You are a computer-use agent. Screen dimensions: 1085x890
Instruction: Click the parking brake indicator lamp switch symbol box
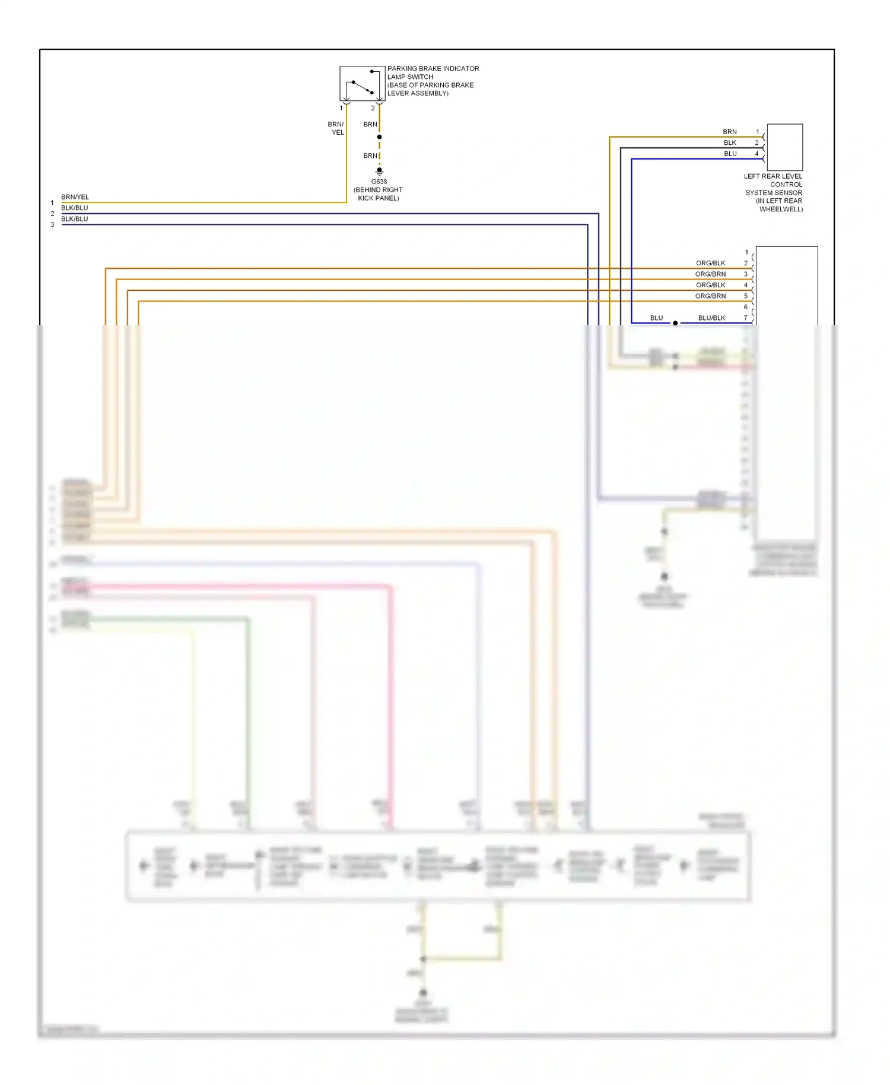click(362, 84)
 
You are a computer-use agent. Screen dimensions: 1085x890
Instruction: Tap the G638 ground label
click(379, 182)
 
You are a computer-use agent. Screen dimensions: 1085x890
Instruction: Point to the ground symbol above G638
click(380, 171)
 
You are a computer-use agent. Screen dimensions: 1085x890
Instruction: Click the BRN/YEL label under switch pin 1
click(336, 128)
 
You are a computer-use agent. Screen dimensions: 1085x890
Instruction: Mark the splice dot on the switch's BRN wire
click(380, 137)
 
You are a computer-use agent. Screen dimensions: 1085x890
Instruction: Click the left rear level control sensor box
click(784, 147)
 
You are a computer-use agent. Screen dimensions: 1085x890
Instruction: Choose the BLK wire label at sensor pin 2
click(730, 143)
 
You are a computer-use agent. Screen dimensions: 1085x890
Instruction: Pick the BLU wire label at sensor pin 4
click(730, 154)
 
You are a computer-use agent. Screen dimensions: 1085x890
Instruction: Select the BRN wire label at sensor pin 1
click(730, 132)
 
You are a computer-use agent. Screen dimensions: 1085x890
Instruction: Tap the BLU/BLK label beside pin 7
click(711, 318)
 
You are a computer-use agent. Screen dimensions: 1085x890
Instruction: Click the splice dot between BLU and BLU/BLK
click(675, 323)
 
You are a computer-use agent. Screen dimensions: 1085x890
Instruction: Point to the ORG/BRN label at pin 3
click(710, 274)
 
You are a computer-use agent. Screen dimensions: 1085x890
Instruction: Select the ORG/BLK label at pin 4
click(710, 285)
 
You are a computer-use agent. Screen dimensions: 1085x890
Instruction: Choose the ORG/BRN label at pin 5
click(710, 296)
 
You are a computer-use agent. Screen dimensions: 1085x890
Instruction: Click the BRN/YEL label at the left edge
click(75, 197)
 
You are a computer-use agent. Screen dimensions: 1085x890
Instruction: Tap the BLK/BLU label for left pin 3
click(74, 219)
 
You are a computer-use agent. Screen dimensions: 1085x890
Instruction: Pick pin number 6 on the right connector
click(746, 307)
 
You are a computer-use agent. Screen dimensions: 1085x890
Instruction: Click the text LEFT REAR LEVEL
click(773, 176)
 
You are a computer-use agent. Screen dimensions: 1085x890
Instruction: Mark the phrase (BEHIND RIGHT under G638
click(378, 190)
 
